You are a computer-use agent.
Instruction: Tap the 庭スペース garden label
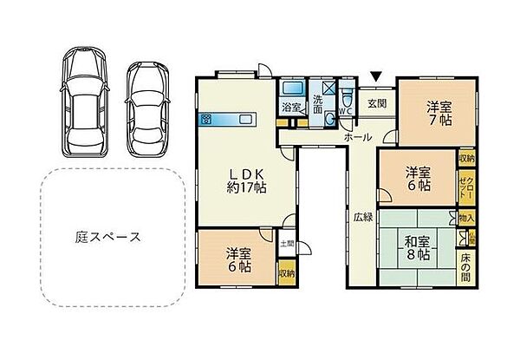107,236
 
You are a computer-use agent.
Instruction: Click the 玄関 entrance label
375,103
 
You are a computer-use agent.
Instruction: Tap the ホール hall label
358,137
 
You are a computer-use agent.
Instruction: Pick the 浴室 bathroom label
290,108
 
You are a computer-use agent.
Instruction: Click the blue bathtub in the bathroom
290,89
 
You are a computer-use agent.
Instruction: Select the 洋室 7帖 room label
438,113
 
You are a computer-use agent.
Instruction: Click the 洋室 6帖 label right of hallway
419,179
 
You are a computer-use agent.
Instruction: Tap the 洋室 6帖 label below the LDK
238,259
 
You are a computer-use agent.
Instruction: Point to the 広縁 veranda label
362,217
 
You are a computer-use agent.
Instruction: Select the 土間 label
287,244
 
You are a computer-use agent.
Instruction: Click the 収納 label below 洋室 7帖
467,159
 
